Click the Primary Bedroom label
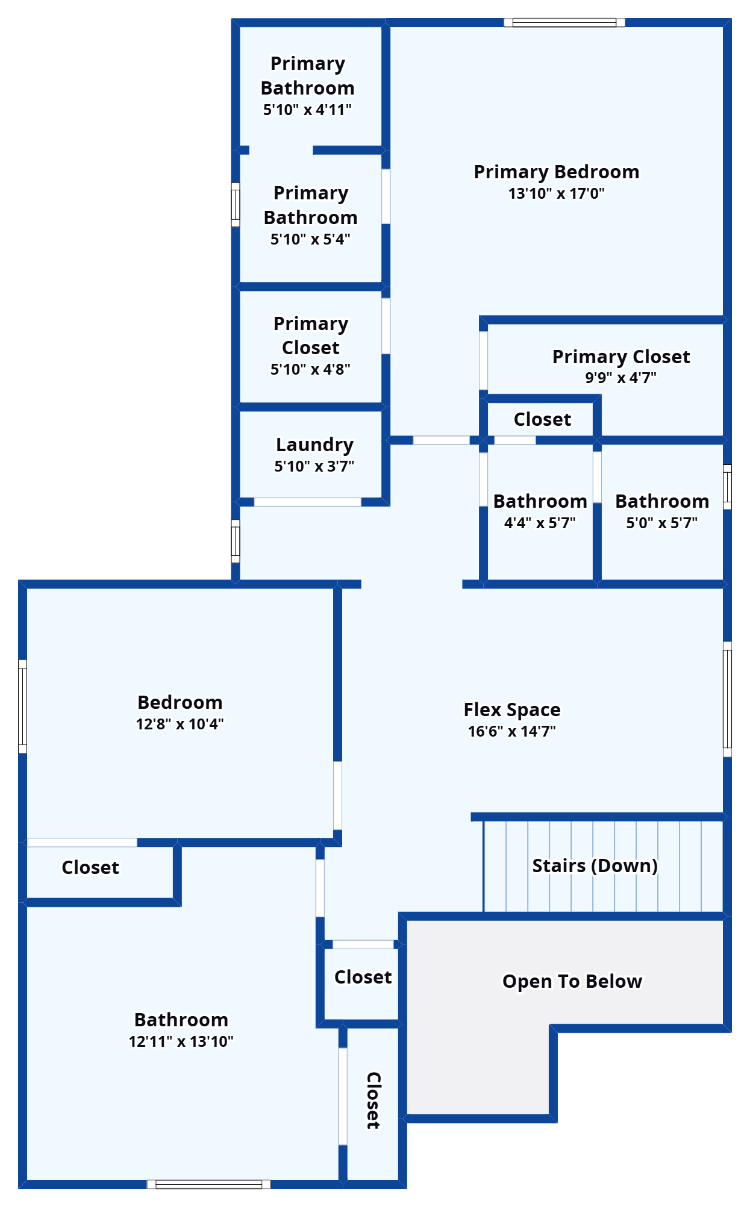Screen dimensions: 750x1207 point(556,172)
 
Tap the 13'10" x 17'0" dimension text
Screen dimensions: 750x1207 point(556,193)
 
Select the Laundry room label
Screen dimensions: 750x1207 point(314,445)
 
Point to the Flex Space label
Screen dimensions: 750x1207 point(512,710)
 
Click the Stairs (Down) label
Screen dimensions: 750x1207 point(595,865)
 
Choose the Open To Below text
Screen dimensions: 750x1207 point(572,981)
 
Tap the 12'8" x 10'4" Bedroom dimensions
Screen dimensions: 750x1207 point(180,724)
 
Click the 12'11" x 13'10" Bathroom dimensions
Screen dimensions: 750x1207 point(181,1041)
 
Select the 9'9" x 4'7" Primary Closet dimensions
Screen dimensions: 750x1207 point(620,378)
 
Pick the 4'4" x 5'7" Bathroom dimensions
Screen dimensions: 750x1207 point(540,523)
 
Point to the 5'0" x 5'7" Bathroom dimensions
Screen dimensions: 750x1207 point(661,523)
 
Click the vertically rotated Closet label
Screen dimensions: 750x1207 point(373,1100)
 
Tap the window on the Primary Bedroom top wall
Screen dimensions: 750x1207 point(564,23)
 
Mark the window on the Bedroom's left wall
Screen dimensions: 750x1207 point(23,706)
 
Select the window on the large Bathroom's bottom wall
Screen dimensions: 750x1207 point(209,1184)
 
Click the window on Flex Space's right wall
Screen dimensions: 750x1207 point(727,699)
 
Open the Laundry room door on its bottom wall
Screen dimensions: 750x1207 point(307,502)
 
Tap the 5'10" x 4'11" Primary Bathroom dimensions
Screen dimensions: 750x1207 point(307,110)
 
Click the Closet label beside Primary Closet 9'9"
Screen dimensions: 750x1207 point(542,419)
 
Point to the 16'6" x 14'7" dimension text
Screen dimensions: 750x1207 point(512,731)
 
